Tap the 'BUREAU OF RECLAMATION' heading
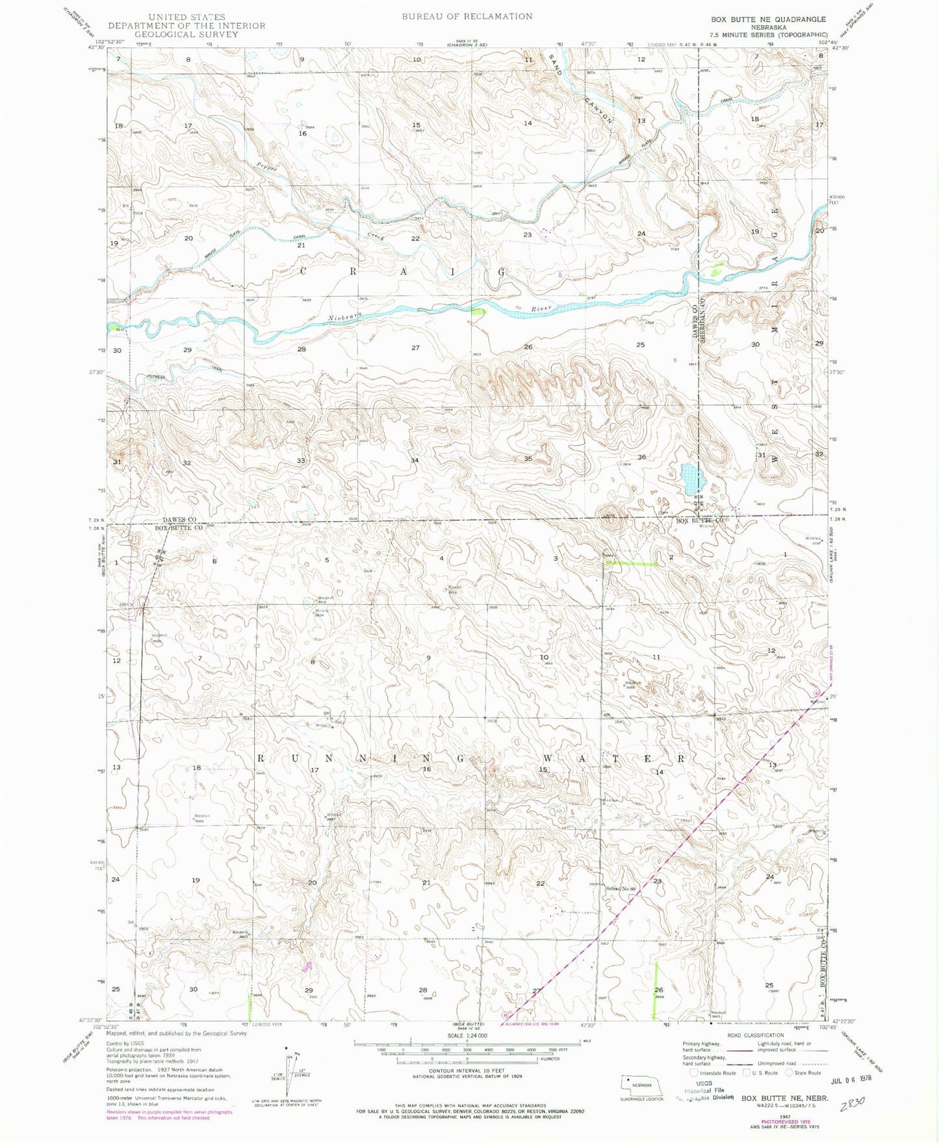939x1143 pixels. [467, 16]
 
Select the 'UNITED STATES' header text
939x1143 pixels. [187, 17]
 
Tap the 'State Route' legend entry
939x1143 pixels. [806, 1073]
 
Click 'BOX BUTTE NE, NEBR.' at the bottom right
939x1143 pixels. [785, 1098]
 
